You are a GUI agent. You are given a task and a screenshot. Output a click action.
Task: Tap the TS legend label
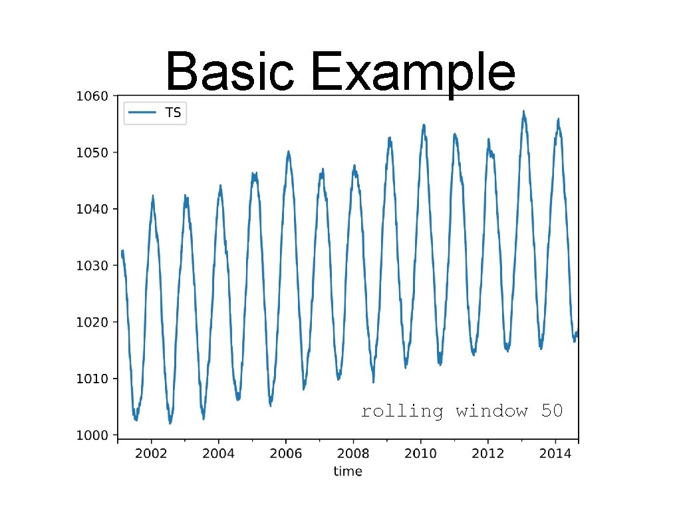pos(173,112)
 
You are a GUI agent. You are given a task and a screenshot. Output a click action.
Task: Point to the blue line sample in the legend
pos(143,112)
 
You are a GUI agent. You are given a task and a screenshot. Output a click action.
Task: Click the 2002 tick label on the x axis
pos(151,454)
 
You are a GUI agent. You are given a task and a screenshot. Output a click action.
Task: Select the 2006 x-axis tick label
pos(285,454)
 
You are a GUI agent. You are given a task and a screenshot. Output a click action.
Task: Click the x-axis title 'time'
pos(348,472)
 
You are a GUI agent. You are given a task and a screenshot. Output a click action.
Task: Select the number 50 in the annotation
pos(552,411)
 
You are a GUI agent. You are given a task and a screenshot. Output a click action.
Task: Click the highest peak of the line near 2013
pos(523,112)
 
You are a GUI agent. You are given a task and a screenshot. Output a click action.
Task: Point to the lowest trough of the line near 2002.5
pos(170,423)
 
